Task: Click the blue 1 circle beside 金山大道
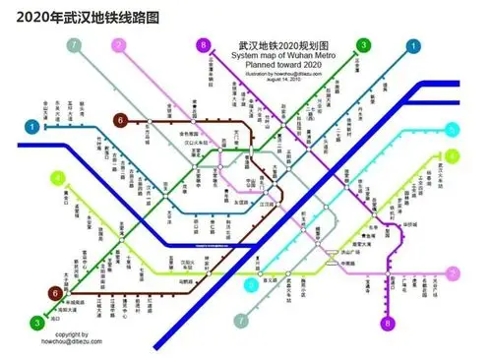coord(33,127)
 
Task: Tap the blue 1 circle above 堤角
coord(414,45)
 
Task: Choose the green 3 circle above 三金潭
coord(363,45)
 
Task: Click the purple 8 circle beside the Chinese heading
coord(204,45)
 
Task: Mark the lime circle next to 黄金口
coord(57,178)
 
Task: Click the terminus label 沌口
coord(55,318)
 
